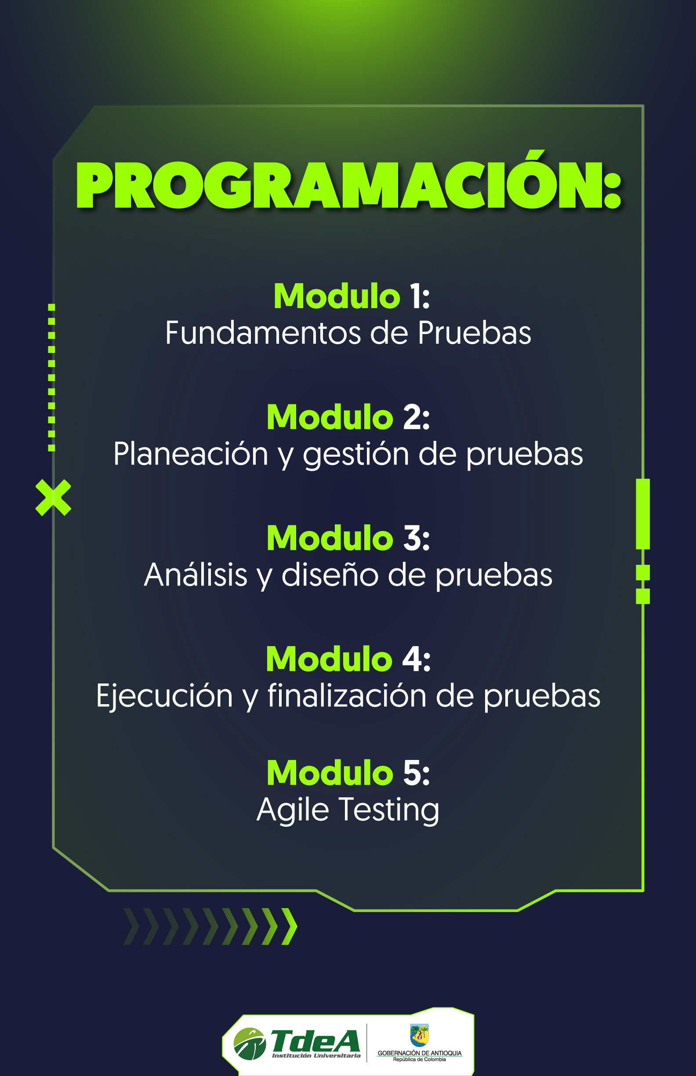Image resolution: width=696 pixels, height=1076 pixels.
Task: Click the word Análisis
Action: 196,574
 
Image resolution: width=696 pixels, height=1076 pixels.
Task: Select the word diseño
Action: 330,574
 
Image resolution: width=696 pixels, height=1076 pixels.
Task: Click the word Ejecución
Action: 164,695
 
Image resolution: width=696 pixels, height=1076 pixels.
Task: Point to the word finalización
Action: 347,695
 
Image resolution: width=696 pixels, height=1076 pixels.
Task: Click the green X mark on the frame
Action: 53,497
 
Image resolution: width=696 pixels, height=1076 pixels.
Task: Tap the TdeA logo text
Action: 315,1041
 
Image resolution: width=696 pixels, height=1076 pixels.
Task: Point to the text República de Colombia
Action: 420,1059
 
